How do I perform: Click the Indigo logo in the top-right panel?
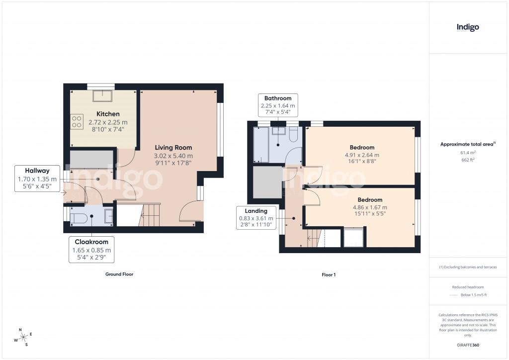click(x=468, y=27)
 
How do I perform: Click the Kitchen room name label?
click(x=108, y=114)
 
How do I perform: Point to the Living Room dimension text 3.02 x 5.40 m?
click(x=173, y=156)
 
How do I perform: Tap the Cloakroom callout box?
click(x=91, y=250)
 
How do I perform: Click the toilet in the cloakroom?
click(x=80, y=217)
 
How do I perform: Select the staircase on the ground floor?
click(x=149, y=215)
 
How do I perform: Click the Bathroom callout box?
click(x=278, y=105)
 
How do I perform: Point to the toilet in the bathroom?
click(x=293, y=134)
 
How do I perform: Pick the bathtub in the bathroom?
click(x=260, y=145)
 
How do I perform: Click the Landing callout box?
click(x=255, y=218)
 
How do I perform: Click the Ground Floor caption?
click(x=119, y=274)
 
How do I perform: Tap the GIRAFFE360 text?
click(x=467, y=345)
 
